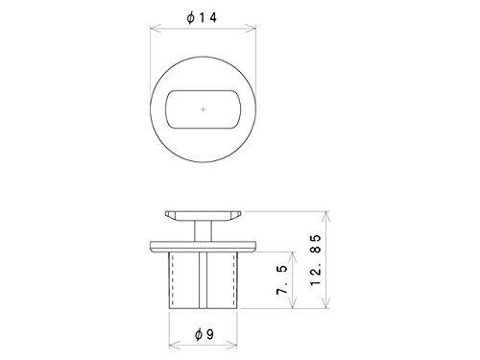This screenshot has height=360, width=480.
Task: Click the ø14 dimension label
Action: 202,17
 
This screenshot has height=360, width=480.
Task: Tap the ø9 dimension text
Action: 204,334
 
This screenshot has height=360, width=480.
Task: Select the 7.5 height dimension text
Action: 282,280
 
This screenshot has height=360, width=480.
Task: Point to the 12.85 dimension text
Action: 316,260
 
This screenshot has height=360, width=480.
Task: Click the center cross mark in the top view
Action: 204,109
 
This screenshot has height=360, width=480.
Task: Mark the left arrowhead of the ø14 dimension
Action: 156,29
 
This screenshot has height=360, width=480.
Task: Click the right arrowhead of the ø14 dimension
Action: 251,29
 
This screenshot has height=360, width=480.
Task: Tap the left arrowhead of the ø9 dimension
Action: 174,345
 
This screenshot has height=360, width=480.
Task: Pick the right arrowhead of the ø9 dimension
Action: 232,345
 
